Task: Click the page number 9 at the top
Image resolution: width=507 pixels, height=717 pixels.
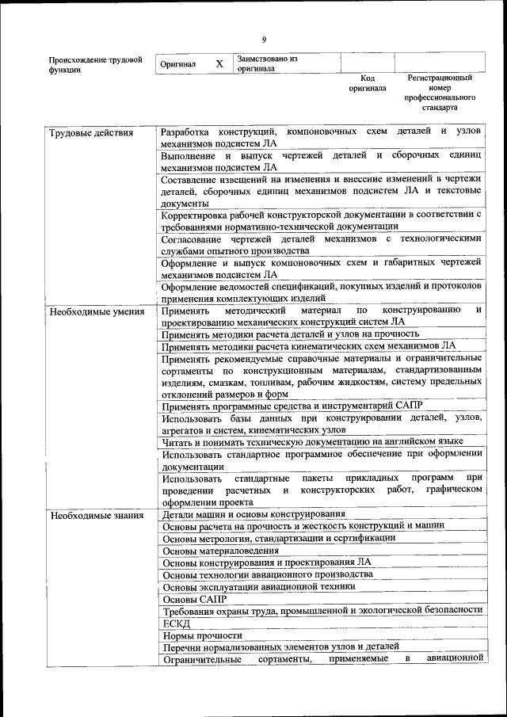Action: coord(264,40)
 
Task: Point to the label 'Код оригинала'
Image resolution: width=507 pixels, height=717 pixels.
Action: coord(367,83)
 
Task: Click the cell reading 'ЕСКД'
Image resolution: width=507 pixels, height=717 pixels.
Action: coord(176,623)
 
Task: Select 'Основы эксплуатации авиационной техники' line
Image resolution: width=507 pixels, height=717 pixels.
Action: coord(258,587)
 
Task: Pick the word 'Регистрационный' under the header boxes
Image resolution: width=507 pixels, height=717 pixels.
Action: coord(440,78)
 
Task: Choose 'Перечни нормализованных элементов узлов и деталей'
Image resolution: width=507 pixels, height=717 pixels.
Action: coord(280,647)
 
